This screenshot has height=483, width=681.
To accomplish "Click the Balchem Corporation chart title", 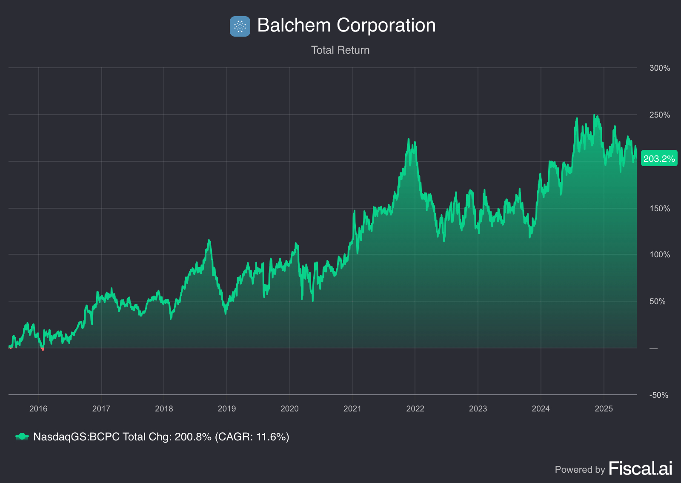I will [346, 26].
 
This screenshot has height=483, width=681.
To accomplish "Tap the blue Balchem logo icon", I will [240, 26].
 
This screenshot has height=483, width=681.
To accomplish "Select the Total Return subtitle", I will [340, 50].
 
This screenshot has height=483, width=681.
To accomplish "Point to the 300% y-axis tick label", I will [659, 68].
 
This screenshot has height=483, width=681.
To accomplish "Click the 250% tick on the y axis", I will [659, 115].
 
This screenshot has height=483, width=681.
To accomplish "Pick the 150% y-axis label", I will [659, 209].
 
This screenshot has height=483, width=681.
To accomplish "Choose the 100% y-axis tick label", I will [659, 255].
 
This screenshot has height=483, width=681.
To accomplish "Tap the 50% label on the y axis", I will [657, 302].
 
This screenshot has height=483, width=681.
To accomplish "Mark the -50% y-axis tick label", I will [658, 395].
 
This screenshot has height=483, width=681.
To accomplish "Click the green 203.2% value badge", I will [659, 159].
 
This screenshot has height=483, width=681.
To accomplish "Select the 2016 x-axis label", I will [38, 409].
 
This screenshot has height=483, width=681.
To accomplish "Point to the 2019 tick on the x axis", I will [227, 409].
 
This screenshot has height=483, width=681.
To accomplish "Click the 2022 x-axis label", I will [415, 409].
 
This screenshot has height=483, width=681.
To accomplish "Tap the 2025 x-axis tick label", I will [604, 409].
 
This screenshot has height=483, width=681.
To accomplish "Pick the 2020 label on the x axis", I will [289, 409].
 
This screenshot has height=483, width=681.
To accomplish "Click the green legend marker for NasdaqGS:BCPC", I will [22, 437].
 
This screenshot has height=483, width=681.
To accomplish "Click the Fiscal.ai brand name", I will [641, 469].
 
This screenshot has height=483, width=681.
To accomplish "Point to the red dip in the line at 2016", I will [42, 349].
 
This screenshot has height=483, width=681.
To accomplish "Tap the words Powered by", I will [580, 470].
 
